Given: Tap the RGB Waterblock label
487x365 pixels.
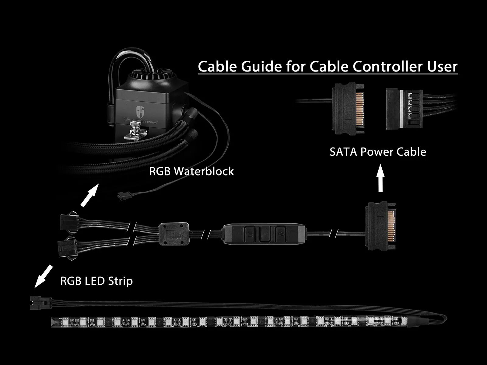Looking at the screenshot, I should click(191, 171).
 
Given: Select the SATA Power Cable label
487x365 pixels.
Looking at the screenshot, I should click(378, 151).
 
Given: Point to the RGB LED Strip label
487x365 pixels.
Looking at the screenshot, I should click(96, 281).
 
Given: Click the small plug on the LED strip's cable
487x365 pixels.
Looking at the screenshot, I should click(36, 303).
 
